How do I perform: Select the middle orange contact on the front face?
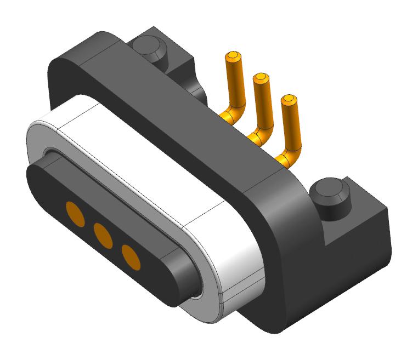(103, 235)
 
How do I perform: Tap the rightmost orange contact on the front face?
(131, 257)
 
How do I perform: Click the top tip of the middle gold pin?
(261, 77)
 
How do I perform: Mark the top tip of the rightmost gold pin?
(288, 100)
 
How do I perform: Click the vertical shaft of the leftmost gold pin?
(235, 82)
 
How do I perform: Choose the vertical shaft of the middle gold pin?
(262, 104)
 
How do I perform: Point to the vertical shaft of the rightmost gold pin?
(290, 126)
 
